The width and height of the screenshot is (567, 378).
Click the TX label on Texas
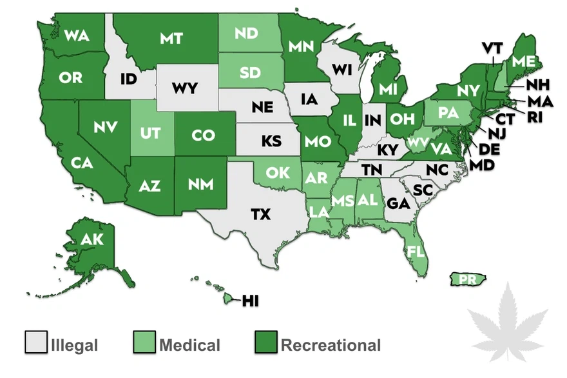260,214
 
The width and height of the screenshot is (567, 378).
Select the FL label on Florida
416,251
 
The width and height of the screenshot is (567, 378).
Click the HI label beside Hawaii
254,300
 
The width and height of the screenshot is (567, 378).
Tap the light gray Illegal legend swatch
35,343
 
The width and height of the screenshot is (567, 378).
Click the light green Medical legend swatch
143,343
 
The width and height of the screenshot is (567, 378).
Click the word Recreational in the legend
331,344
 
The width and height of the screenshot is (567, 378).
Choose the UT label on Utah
149,134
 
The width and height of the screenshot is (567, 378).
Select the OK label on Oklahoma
278,173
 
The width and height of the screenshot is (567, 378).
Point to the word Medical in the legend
190,344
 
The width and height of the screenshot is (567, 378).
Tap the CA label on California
82,163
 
